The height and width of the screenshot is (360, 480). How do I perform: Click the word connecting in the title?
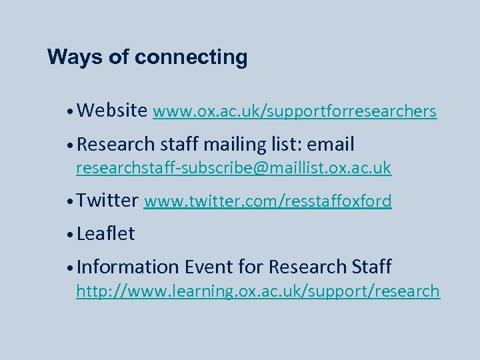coord(191,58)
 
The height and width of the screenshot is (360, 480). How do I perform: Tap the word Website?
coord(112,111)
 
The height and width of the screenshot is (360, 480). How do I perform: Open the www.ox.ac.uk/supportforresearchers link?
coord(295,111)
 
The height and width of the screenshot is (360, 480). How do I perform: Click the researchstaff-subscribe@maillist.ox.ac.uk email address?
coord(233,167)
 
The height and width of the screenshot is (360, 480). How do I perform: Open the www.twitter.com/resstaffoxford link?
coord(267,201)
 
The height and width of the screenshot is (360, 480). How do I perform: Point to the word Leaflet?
coord(106,234)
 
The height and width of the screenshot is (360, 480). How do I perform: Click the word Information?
coord(127,267)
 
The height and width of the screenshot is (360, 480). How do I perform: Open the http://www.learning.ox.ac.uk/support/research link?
coord(258,291)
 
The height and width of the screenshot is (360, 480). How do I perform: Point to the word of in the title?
coord(118,57)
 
